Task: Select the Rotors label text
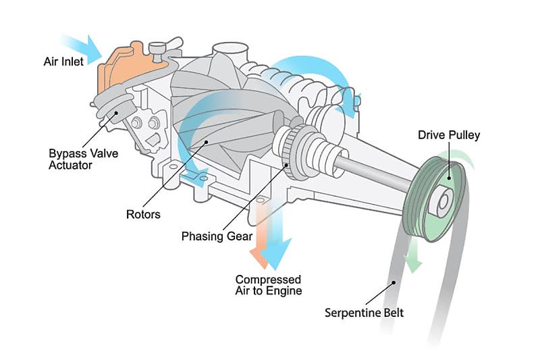point(143,215)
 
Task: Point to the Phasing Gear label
point(217,236)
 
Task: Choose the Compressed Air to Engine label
point(268,285)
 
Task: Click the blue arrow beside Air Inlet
point(88,46)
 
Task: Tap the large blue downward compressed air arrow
point(277,243)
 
